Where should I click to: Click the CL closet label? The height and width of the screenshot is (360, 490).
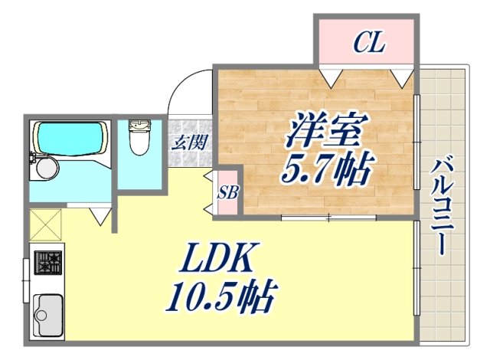point(368,44)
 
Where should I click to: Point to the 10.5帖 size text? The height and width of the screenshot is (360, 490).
point(220,296)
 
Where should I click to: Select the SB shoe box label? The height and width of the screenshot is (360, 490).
point(227,191)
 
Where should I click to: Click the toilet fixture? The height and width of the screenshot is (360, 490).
point(140,138)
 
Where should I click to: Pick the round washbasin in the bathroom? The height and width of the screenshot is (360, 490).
point(46,168)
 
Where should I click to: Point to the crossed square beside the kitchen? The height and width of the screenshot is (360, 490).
point(46,226)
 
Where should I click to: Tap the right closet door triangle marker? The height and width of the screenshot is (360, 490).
point(400,77)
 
